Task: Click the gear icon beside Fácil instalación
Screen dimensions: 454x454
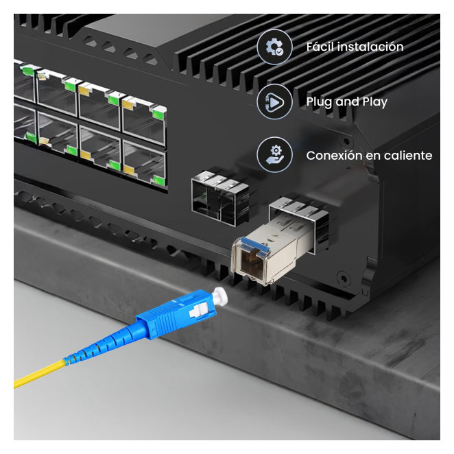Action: pos(274,47)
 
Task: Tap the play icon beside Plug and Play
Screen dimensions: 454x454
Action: pos(274,101)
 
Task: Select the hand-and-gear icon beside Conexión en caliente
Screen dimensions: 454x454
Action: pos(274,155)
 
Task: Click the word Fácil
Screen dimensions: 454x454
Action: pos(320,47)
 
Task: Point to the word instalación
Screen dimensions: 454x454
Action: pos(370,47)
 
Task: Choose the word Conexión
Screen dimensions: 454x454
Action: pos(335,156)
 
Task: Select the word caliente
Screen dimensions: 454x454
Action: pos(408,156)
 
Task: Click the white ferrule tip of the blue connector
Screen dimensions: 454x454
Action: pos(219,296)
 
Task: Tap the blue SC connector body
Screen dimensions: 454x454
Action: pos(177,314)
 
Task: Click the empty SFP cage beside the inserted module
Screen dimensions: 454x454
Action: pos(221,198)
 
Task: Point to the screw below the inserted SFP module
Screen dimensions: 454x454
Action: pos(344,279)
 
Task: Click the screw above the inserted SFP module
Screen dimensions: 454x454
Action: pos(346,142)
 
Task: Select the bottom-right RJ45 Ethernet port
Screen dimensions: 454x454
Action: pos(145,164)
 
